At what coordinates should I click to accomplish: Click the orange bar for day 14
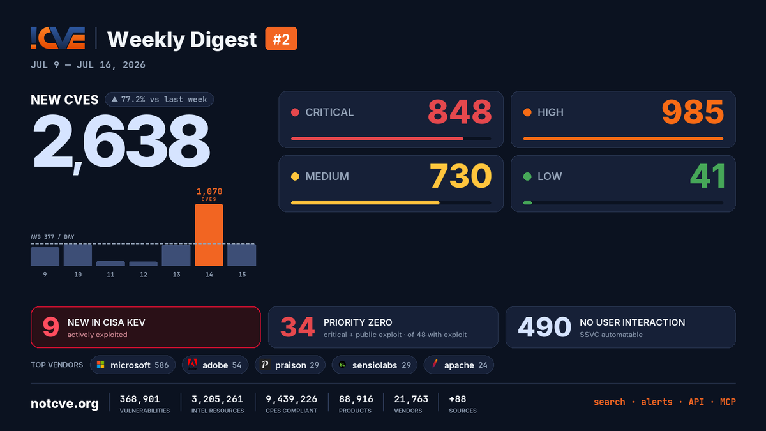pos(209,235)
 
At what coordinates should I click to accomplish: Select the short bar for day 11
pos(110,263)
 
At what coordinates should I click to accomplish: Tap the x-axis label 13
pos(176,275)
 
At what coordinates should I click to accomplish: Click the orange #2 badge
pos(281,39)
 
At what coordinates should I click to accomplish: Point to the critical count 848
pos(460,112)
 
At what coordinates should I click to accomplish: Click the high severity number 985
pos(693,112)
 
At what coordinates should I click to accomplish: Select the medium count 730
pos(461,176)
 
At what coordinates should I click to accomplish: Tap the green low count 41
pos(707,176)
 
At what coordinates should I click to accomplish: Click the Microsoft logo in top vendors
pos(101,365)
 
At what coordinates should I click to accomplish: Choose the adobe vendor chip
pos(214,365)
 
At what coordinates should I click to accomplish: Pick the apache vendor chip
pos(458,365)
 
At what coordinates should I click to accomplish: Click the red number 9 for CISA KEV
pos(50,327)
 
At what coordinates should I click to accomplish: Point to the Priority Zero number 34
pos(297,327)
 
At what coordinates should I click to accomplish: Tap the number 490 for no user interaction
pos(544,327)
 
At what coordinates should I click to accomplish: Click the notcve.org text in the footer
pos(64,404)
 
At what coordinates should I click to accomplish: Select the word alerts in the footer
pos(657,402)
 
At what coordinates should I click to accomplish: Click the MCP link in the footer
pos(728,402)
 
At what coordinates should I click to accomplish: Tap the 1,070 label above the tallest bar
pos(209,191)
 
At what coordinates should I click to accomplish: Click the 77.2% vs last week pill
pos(160,100)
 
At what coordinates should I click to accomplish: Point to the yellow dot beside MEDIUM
pos(295,176)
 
